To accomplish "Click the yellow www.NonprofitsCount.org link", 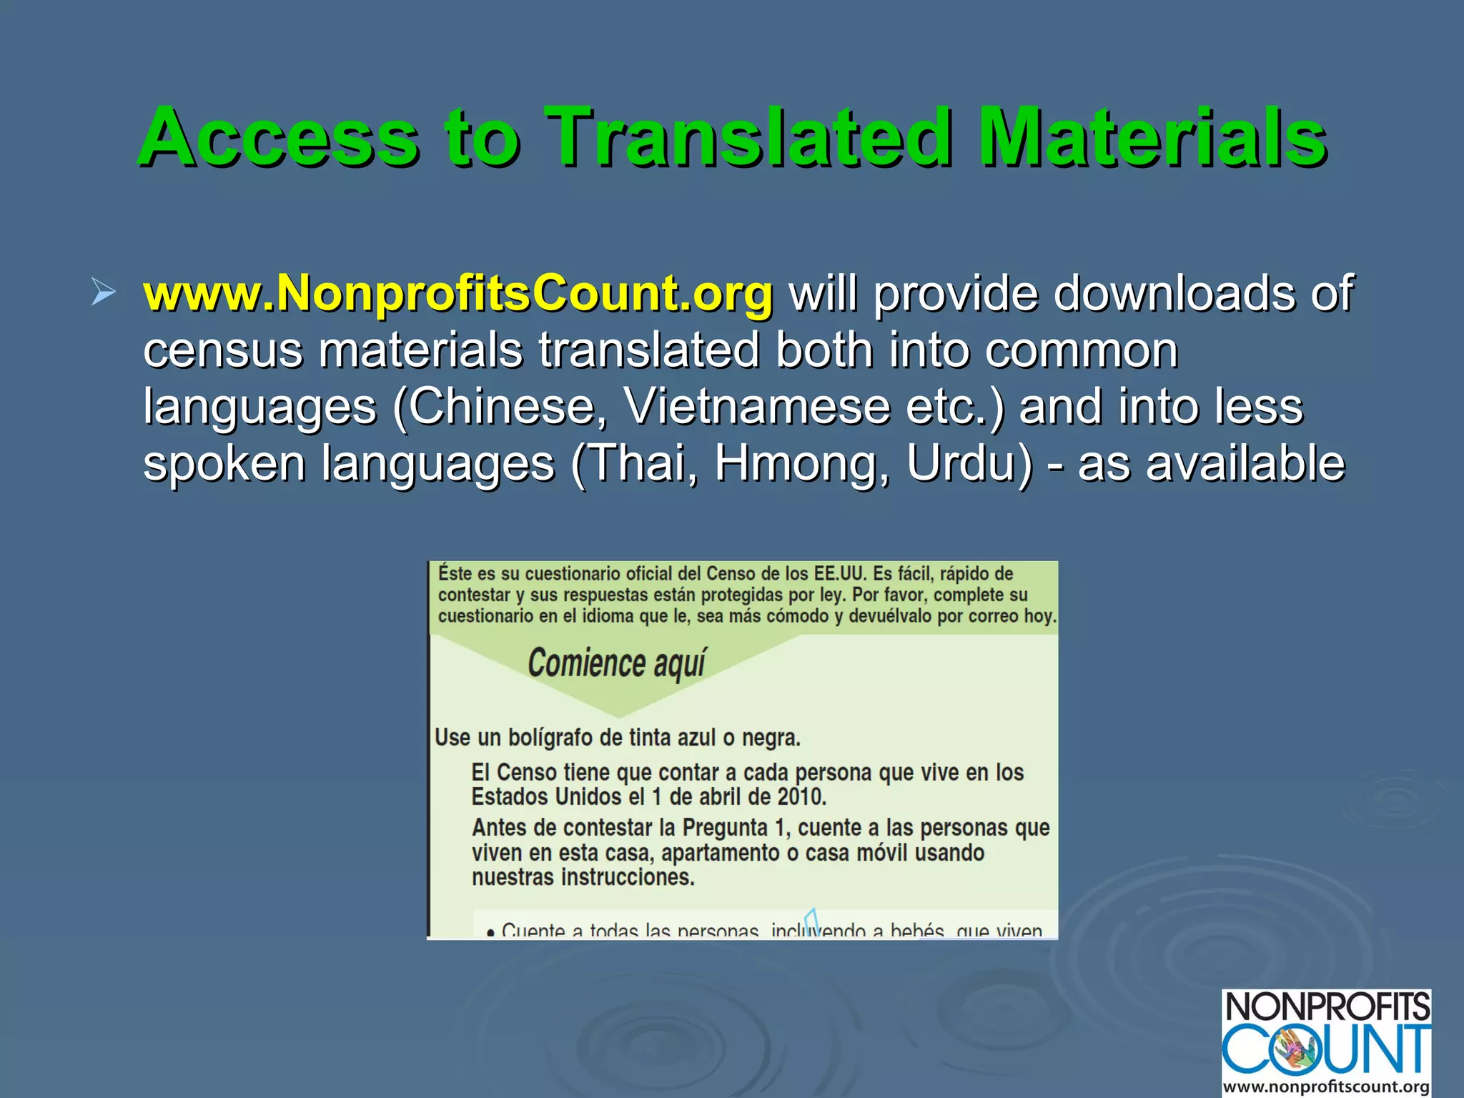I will click(x=457, y=294).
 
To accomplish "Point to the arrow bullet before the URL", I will click(x=104, y=293).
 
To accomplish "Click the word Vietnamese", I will click(x=757, y=407).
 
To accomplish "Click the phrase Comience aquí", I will click(x=617, y=663).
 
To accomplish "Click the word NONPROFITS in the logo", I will click(x=1327, y=1007).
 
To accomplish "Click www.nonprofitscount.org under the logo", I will click(x=1327, y=1087).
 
